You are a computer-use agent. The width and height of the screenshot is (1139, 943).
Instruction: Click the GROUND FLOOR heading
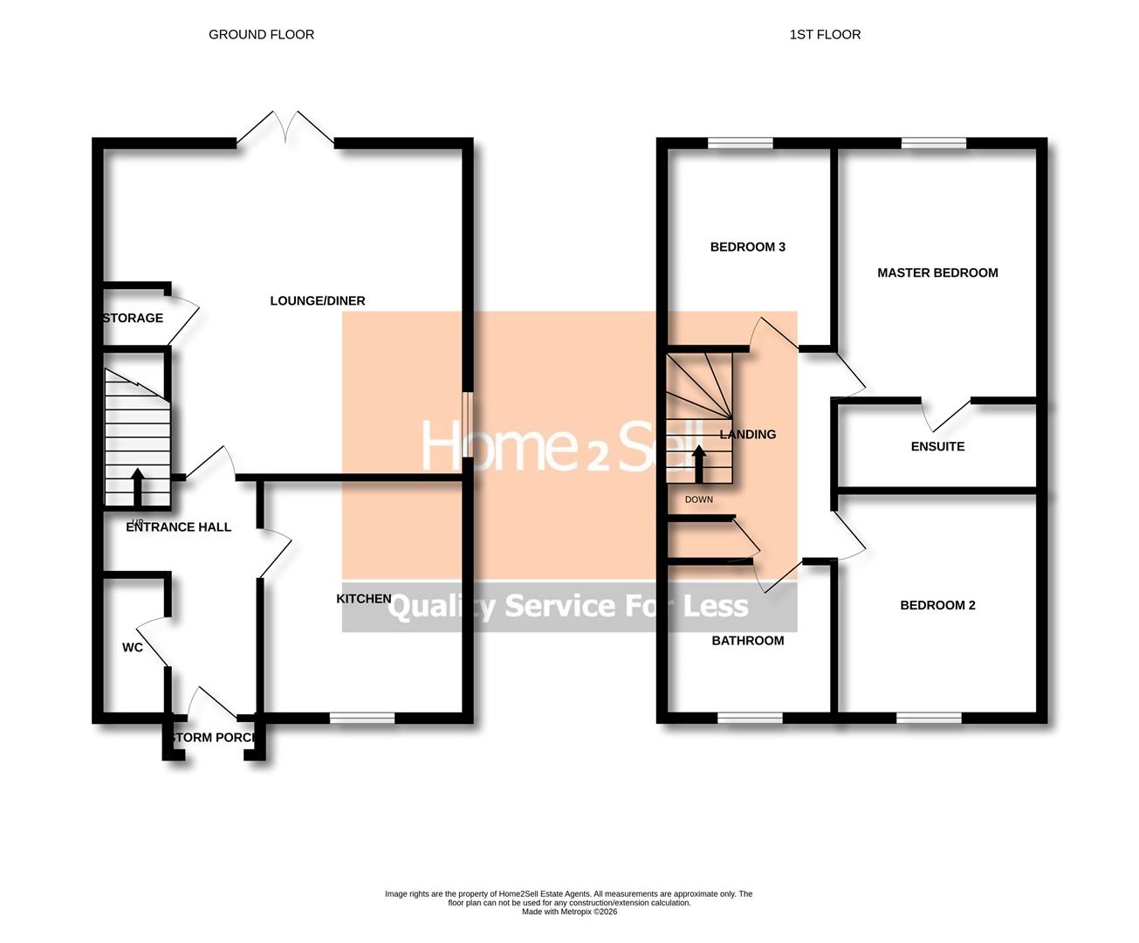click(261, 35)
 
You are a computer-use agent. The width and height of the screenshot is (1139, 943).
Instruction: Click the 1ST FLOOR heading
click(825, 35)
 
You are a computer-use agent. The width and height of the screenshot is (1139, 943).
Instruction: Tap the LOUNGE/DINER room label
click(318, 300)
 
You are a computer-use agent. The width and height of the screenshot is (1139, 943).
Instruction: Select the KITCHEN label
click(364, 598)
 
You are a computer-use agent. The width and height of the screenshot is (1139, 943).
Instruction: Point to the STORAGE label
click(133, 318)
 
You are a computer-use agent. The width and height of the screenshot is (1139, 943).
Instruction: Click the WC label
click(133, 647)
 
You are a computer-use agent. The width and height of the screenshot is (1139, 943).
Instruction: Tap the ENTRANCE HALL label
click(179, 527)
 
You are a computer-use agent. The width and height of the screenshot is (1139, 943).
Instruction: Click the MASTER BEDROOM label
click(937, 272)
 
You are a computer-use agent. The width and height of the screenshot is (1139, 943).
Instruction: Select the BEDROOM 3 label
click(748, 247)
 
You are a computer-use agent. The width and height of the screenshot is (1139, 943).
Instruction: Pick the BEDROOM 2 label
click(937, 605)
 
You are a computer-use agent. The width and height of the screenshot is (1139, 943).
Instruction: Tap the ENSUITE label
click(937, 446)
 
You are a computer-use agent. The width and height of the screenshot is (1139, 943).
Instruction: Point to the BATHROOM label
click(748, 640)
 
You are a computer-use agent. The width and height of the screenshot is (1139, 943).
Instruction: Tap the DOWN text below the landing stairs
click(699, 499)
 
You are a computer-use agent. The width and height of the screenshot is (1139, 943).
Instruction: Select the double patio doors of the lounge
click(285, 128)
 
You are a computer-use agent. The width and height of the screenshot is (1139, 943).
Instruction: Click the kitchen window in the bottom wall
click(362, 718)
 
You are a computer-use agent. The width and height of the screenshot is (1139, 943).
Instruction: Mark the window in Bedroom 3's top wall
click(740, 143)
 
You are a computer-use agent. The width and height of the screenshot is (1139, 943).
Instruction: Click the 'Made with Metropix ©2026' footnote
click(569, 912)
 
